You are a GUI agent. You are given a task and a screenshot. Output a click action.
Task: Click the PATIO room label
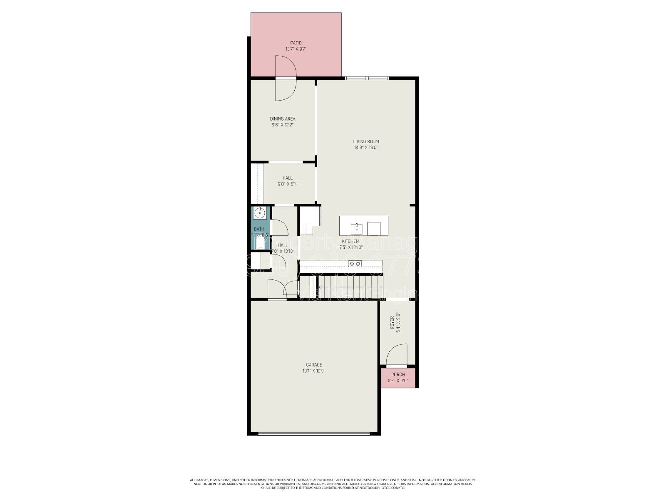click(296, 43)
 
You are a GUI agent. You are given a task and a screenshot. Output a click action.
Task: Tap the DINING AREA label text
click(283, 119)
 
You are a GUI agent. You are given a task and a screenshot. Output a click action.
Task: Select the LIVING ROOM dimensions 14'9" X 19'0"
click(366, 147)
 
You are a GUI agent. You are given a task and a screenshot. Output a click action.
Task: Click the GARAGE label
click(314, 365)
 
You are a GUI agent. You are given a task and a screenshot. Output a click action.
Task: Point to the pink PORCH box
click(398, 378)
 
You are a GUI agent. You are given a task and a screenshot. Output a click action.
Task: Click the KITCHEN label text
click(350, 241)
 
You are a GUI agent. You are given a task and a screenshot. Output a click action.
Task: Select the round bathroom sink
click(259, 213)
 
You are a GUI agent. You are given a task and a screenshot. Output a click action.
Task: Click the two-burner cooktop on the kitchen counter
click(355, 264)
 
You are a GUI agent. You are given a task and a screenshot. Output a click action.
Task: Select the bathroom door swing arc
click(279, 227)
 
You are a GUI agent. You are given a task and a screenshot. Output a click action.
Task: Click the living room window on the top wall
click(367, 78)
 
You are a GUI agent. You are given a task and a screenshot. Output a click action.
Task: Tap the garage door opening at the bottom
click(314, 434)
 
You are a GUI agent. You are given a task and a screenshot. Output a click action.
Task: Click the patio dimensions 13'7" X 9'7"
click(296, 49)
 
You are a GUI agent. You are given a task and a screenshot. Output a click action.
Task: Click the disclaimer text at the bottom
click(333, 484)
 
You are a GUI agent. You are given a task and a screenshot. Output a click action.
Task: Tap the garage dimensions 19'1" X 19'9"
click(314, 371)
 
